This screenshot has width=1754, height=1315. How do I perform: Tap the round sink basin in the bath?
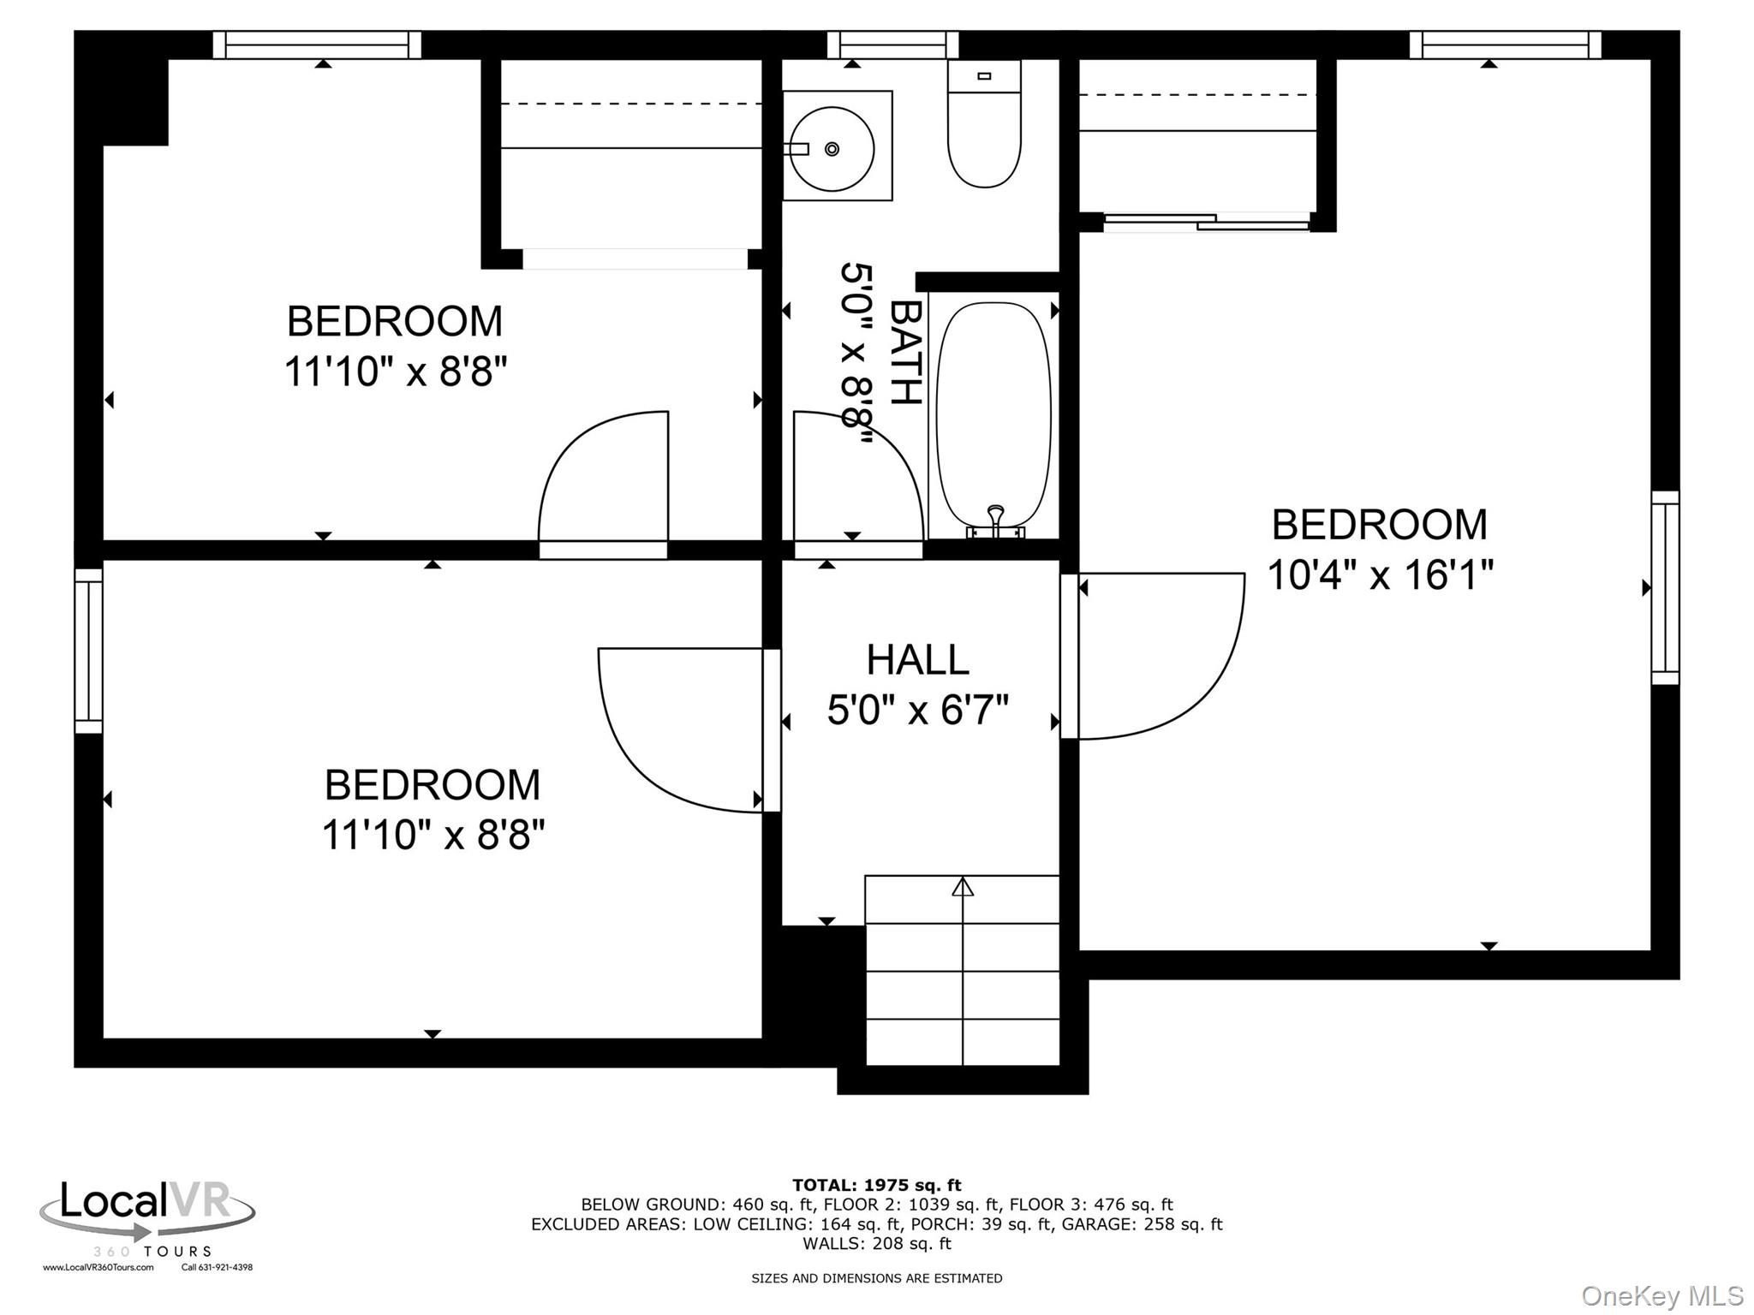[832, 149]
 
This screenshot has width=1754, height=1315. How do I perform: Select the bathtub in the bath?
[993, 415]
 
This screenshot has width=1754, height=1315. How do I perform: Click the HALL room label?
[917, 660]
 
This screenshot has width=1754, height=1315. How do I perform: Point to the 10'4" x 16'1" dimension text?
[1380, 574]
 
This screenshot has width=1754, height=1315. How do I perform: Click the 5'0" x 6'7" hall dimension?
[917, 710]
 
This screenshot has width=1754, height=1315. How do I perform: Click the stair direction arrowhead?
[963, 887]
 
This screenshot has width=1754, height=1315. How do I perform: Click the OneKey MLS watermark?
[1662, 1296]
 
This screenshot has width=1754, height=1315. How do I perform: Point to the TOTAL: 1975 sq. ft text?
[876, 1185]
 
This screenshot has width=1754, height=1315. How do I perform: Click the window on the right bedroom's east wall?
[1665, 588]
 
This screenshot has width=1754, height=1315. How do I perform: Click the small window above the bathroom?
[892, 45]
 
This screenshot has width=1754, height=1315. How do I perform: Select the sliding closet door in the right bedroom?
[1207, 223]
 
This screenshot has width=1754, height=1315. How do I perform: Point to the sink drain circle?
[832, 149]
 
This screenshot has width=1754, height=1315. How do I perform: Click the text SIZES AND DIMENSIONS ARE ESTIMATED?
[876, 1278]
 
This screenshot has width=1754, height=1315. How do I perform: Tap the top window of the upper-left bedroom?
[317, 45]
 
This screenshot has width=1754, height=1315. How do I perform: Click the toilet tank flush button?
[984, 76]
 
